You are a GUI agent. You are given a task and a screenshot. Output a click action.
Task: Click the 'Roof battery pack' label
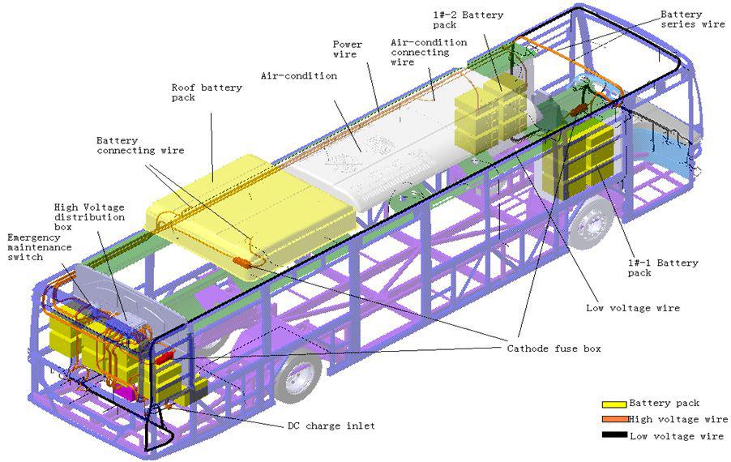click(206, 92)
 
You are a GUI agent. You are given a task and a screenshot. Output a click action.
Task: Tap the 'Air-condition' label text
click(298, 76)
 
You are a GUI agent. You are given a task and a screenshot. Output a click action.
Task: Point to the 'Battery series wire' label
click(692, 19)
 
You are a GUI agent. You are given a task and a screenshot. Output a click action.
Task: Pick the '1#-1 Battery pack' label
click(663, 268)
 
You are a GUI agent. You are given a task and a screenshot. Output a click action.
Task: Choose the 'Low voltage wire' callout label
click(632, 308)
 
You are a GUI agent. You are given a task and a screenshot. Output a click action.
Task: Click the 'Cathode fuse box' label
click(554, 349)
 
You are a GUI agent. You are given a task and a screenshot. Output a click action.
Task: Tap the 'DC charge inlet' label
click(331, 426)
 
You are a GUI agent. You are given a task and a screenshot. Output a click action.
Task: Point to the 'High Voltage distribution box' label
click(89, 217)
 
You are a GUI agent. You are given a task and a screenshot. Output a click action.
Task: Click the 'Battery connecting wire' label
click(140, 145)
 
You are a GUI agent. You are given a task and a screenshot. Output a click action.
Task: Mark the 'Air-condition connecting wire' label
click(428, 52)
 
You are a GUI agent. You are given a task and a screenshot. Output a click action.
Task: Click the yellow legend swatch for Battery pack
click(614, 404)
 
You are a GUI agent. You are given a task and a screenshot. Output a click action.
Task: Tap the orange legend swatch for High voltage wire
click(614, 420)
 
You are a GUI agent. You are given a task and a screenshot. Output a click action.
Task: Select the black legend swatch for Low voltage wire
click(614, 436)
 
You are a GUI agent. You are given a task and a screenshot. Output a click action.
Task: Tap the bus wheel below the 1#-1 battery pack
click(589, 223)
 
